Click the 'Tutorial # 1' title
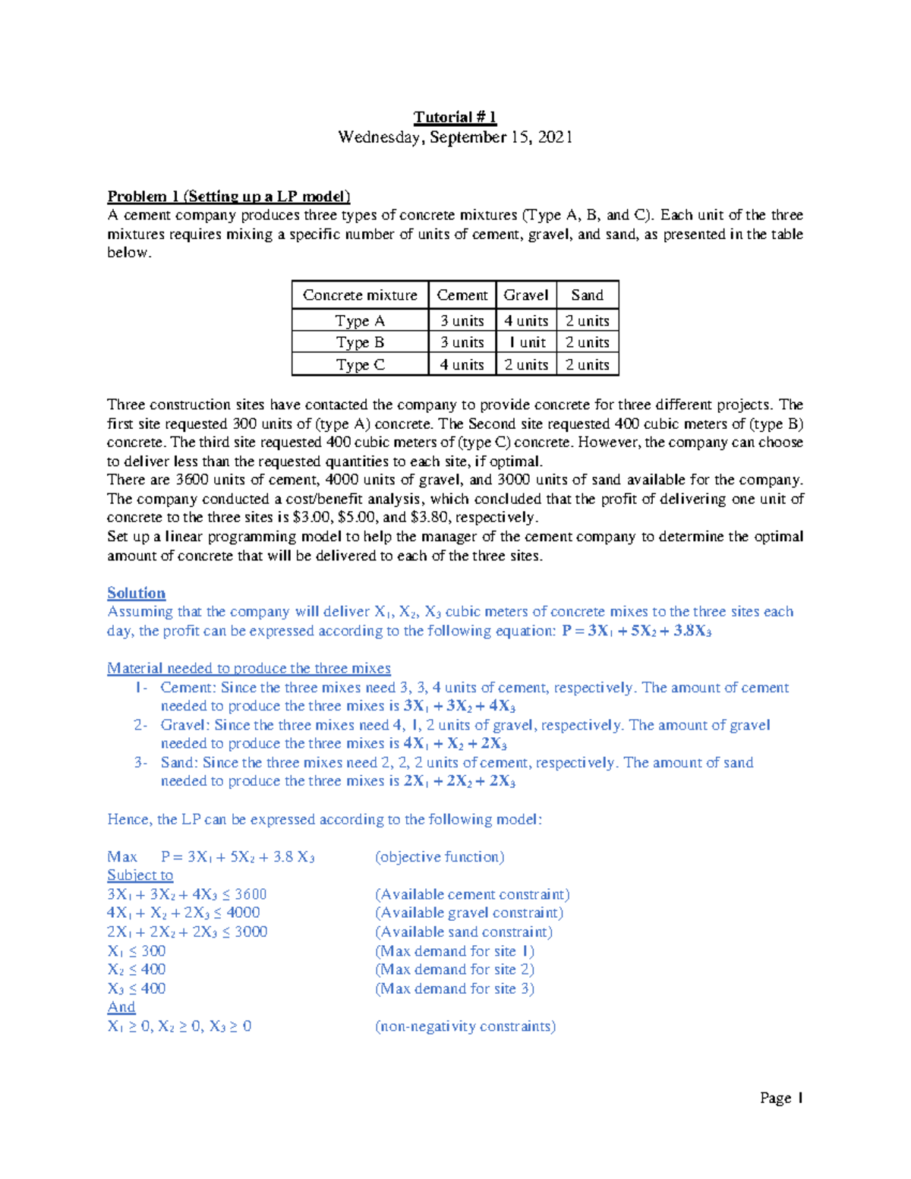(x=455, y=117)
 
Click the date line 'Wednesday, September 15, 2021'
(x=455, y=137)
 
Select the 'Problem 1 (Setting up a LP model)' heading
(x=229, y=197)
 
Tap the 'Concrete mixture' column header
(x=360, y=295)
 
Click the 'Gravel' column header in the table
(x=525, y=295)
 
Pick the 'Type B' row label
(x=360, y=342)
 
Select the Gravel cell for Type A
(x=525, y=321)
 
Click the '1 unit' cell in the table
(x=526, y=342)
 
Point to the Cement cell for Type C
(x=462, y=365)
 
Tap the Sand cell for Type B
(x=587, y=342)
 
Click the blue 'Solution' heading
(x=136, y=593)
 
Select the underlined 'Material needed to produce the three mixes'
(x=248, y=668)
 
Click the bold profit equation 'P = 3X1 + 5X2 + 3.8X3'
(x=636, y=631)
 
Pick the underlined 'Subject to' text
(x=140, y=875)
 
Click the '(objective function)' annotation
(x=440, y=857)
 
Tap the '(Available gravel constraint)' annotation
(x=469, y=913)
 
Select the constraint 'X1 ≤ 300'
(x=137, y=951)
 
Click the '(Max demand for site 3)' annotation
(x=455, y=988)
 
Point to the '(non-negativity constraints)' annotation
(x=465, y=1026)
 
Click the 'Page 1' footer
(x=781, y=1098)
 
